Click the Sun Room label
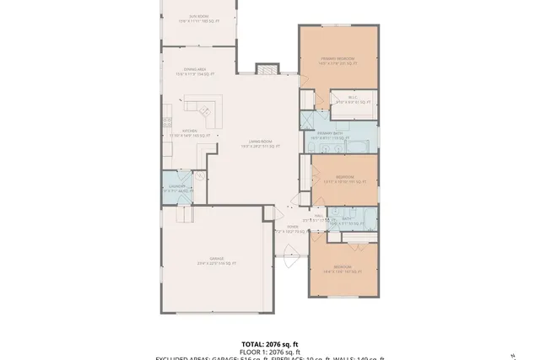(x=199, y=17)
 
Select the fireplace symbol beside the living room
(x=267, y=68)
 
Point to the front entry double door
(x=290, y=251)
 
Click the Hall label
(x=320, y=218)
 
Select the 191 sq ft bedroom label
(x=344, y=179)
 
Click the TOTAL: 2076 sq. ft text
(x=270, y=345)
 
